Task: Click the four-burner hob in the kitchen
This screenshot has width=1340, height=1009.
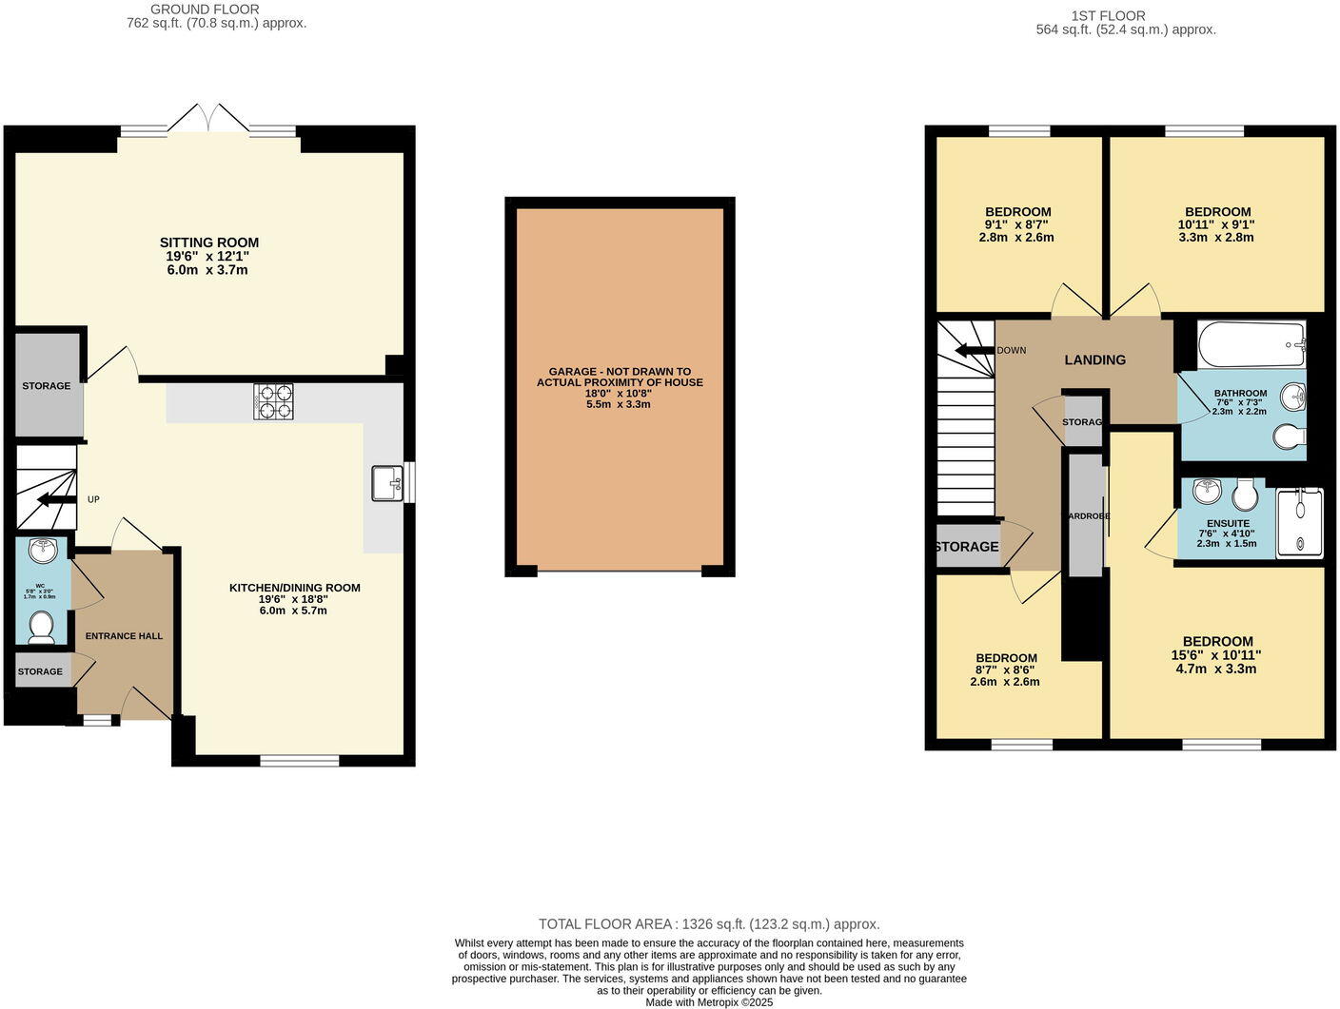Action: tap(273, 401)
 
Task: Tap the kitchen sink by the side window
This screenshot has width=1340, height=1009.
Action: tap(387, 483)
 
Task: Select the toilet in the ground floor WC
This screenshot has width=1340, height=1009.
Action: tap(41, 626)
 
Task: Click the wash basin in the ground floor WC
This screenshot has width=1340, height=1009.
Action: tap(43, 551)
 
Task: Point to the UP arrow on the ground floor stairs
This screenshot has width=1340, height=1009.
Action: tap(57, 500)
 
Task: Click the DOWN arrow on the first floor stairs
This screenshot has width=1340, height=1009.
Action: tap(974, 350)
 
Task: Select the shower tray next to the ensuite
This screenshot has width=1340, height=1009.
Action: tap(1299, 522)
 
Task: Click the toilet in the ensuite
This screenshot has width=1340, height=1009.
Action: tap(1245, 495)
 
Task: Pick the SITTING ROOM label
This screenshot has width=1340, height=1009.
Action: tap(209, 243)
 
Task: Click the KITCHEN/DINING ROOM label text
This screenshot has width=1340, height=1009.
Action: tap(294, 588)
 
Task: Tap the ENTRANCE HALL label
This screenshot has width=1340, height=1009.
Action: tap(124, 636)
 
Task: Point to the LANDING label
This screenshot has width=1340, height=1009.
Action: tap(1094, 360)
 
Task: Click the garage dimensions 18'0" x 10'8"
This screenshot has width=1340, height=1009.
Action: tap(619, 393)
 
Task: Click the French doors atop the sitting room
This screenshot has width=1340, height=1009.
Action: tap(208, 119)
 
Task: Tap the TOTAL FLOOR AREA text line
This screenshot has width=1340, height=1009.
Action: tap(709, 923)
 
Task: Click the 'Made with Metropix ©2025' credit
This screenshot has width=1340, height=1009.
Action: tap(709, 1002)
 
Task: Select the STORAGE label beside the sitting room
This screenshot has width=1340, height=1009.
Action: tap(47, 386)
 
